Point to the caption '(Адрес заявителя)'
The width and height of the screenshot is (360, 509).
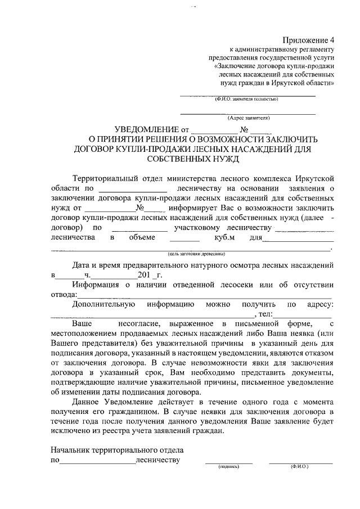coord(249,118)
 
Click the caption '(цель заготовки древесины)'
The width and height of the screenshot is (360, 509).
coord(192,254)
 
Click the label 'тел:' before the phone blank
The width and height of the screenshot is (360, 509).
coord(265,314)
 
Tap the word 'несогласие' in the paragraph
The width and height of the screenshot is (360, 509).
coord(141,324)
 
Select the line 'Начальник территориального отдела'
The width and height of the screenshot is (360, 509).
coord(116,451)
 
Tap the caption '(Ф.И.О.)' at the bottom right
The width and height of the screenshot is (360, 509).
coord(300,466)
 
